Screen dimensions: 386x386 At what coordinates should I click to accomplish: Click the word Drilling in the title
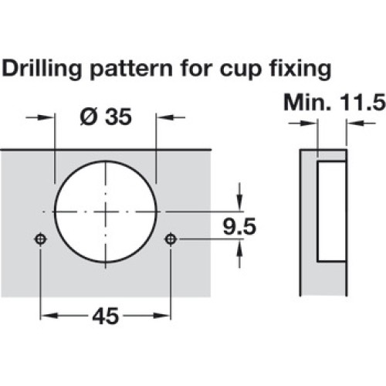(x=42, y=69)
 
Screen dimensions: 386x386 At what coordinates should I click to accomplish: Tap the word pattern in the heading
(x=131, y=69)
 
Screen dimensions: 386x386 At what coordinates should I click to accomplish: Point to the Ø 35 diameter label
(x=106, y=117)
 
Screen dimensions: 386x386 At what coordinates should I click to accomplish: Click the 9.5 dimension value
(x=239, y=226)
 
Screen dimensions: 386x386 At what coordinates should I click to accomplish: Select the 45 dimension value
(x=106, y=316)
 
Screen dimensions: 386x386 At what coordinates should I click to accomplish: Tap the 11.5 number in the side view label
(x=363, y=103)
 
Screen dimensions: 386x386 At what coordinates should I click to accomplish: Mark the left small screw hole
(x=40, y=239)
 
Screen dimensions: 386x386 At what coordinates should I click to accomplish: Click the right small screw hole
(x=171, y=239)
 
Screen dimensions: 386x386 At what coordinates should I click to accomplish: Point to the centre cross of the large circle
(x=106, y=212)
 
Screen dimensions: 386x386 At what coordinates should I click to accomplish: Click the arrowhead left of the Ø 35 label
(x=47, y=117)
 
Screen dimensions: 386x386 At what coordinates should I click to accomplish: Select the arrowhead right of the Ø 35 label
(x=164, y=117)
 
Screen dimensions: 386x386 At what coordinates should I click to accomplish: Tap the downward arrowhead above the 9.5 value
(x=239, y=202)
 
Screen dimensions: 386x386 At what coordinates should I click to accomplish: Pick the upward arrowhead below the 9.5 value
(x=239, y=248)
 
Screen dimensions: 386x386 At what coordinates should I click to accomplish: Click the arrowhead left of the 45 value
(x=49, y=316)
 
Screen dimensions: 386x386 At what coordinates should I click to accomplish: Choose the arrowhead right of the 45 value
(x=162, y=316)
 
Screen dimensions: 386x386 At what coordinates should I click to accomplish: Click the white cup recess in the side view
(x=331, y=212)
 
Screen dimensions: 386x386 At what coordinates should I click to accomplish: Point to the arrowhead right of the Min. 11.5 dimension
(x=355, y=124)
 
